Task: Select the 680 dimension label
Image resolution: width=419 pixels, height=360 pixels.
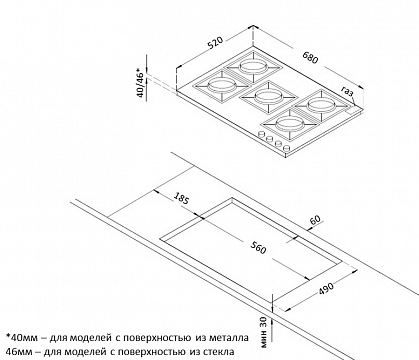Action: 310,58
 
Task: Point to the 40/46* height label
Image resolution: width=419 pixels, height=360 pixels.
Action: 140,83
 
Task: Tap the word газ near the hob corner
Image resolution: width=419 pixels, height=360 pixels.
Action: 347,91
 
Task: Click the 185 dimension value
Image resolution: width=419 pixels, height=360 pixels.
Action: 182,198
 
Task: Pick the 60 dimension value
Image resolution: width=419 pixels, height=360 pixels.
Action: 315,219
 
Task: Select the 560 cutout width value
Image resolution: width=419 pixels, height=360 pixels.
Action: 258,248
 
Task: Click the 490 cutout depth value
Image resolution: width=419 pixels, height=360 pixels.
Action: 326,289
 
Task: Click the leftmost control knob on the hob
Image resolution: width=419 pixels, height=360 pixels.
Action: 261,135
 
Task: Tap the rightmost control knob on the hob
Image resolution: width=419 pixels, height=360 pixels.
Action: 286,148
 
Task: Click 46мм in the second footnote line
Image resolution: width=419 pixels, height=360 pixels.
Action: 18,351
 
